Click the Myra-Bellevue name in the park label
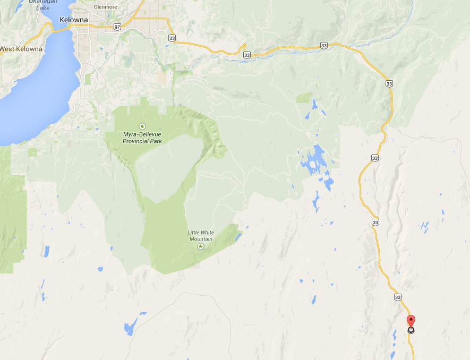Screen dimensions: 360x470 [x=142, y=135]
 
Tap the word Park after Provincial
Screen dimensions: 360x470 [x=155, y=141]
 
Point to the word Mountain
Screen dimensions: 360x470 [x=200, y=239]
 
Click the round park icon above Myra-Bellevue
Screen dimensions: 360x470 [x=142, y=126]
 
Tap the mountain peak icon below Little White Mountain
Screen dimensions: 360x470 [x=200, y=246]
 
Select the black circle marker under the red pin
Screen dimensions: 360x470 [x=411, y=330]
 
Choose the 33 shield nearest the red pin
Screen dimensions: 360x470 [x=398, y=297]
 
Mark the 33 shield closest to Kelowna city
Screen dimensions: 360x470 [x=171, y=38]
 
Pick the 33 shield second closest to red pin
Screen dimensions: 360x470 [x=375, y=221]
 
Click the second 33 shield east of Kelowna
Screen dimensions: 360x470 [x=246, y=55]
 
